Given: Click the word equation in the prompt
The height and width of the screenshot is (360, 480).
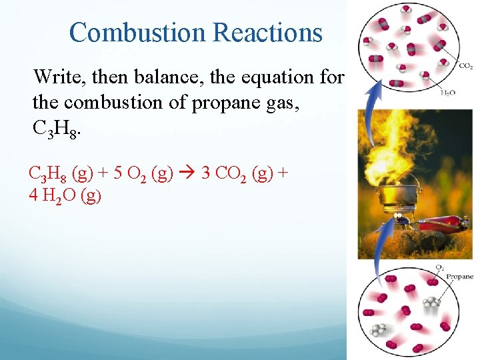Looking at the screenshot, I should coord(272,77).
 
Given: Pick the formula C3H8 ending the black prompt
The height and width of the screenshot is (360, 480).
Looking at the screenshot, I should coord(57,128).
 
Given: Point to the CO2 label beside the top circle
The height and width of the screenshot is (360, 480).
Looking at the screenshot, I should coord(466,65).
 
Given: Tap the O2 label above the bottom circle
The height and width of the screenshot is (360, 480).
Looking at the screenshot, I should coord(439,267).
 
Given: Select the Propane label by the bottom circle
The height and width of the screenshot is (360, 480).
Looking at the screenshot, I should coord(459,276).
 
